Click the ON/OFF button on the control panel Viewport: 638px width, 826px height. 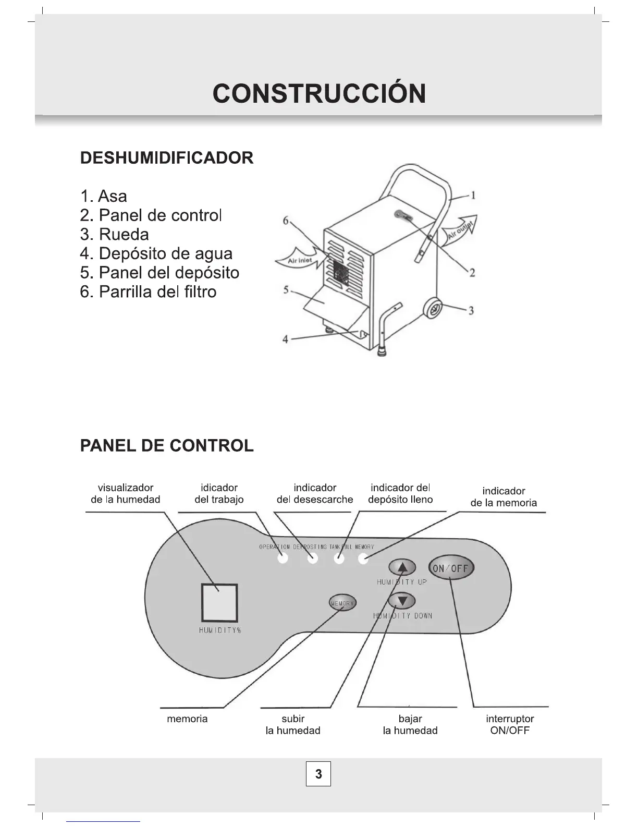(x=451, y=568)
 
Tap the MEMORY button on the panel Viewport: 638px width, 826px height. (x=342, y=603)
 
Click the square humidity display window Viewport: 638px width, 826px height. (x=219, y=602)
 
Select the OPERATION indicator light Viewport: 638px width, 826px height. (x=283, y=559)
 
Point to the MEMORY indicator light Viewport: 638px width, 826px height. (x=363, y=559)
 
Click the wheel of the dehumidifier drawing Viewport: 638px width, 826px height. (x=433, y=308)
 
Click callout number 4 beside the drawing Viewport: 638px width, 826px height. (x=285, y=339)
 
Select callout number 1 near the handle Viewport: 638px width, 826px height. (x=473, y=196)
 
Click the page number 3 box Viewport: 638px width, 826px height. (x=318, y=774)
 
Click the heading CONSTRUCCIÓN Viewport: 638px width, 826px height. (x=319, y=93)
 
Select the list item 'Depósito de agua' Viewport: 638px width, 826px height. (x=156, y=253)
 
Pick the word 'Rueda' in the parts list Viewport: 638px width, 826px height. (x=124, y=234)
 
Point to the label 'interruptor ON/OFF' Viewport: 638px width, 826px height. (x=510, y=724)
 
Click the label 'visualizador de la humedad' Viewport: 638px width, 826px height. (x=126, y=493)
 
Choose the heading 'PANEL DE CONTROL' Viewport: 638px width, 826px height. (x=167, y=446)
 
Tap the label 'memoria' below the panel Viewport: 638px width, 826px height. (x=187, y=719)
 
